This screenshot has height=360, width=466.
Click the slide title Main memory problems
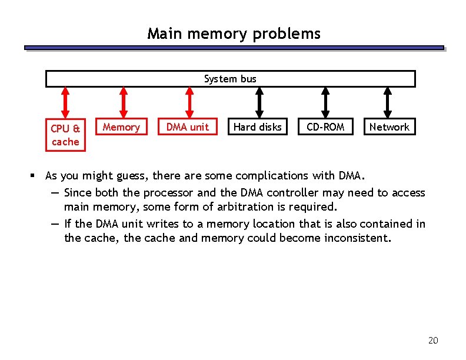[x=234, y=34]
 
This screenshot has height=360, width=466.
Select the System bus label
[x=230, y=79]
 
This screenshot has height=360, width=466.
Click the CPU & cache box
[x=65, y=135]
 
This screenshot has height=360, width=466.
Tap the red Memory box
[x=121, y=127]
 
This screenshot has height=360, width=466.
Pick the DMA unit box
[x=188, y=127]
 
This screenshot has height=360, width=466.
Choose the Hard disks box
[x=258, y=127]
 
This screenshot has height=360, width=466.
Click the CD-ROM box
[x=325, y=127]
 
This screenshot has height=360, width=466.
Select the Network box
[x=389, y=127]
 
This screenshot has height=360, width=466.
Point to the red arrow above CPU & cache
[x=65, y=103]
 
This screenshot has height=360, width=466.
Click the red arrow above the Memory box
[x=123, y=103]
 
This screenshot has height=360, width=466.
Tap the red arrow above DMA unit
[x=189, y=103]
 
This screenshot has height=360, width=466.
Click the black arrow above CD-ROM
[x=325, y=103]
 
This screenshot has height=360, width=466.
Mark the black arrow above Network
[x=387, y=103]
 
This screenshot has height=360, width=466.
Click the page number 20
[x=433, y=341]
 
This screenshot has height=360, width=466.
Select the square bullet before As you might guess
[x=35, y=176]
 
